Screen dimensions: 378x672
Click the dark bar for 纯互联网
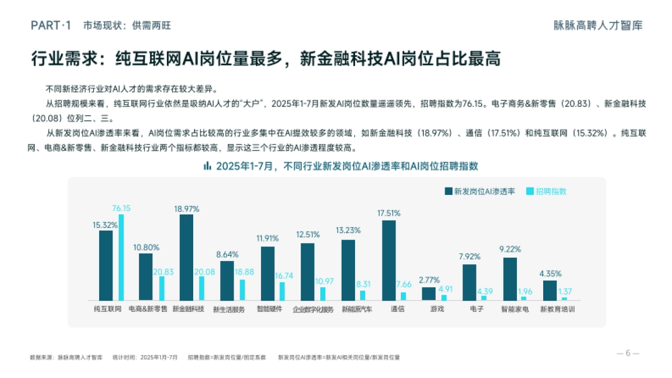[106, 265]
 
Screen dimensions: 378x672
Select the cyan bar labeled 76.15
[121, 257]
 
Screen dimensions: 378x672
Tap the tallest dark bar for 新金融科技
[186, 257]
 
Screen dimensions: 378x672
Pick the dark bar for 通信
[389, 260]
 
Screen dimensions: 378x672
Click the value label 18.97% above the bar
[186, 208]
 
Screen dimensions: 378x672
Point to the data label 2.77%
[428, 280]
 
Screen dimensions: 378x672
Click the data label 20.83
[163, 272]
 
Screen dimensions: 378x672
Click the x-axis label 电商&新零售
[148, 309]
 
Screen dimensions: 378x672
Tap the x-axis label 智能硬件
[269, 309]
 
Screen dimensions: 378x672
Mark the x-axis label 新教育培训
[557, 309]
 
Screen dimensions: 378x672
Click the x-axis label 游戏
[437, 309]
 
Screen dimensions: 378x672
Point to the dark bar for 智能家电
[510, 279]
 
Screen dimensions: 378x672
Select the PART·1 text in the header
[51, 25]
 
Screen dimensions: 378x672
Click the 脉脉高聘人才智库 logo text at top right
[597, 25]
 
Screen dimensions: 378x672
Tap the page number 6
[628, 353]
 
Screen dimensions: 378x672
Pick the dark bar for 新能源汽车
[348, 270]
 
